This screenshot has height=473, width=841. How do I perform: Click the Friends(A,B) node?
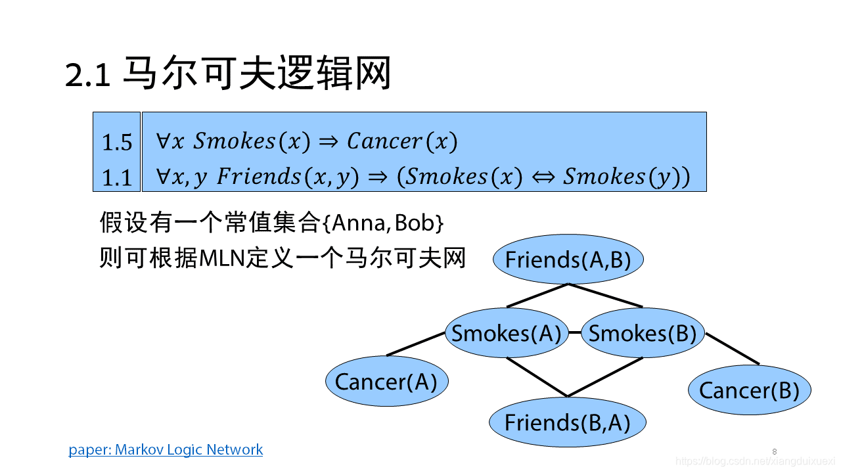pos(568,259)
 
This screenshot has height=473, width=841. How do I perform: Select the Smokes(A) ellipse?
pos(506,333)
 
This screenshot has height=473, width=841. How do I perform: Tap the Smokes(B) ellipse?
pos(642,333)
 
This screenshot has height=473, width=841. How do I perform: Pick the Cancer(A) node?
pos(386,382)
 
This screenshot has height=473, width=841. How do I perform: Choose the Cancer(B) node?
pos(749,390)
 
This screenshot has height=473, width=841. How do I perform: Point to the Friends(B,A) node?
pos(567,422)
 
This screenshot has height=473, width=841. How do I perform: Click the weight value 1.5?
pos(117,143)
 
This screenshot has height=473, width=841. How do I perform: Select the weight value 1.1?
pos(117,177)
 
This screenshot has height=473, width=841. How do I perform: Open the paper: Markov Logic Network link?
pos(166,450)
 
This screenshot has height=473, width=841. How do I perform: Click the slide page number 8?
pos(775,451)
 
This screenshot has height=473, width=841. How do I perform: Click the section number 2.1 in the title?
pos(87,75)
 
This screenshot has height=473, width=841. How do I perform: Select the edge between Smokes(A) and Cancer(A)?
pos(416,344)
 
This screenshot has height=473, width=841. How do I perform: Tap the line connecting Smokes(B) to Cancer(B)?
pos(732,348)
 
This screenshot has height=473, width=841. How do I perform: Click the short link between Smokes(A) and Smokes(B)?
pos(574,332)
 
